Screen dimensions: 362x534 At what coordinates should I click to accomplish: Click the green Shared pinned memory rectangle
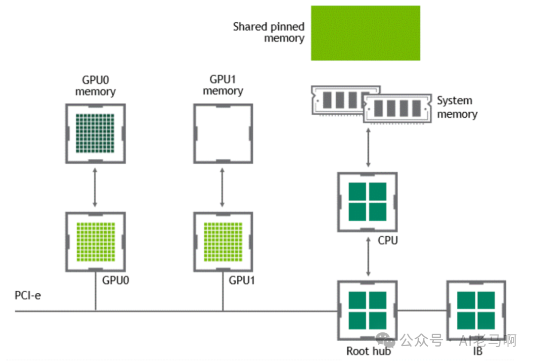365,33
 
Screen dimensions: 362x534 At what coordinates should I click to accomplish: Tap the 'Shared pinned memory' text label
268,33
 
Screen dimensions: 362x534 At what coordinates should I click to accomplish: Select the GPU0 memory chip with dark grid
95,134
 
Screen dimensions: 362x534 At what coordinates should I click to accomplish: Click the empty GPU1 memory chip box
222,134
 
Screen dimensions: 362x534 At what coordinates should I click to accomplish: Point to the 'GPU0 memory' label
95,86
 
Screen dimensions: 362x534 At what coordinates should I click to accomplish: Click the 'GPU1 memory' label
222,86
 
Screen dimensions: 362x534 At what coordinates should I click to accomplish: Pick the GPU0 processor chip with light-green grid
95,241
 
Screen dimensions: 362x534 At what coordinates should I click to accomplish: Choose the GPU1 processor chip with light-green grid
222,241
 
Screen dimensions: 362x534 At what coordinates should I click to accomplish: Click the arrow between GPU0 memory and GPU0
95,187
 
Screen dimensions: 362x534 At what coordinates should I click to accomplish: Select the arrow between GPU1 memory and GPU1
222,187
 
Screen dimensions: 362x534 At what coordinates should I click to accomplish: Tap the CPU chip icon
367,202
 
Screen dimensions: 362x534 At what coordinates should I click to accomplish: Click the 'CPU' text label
388,241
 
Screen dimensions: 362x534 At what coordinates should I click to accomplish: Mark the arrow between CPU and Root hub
367,256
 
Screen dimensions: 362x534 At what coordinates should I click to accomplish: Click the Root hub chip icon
367,311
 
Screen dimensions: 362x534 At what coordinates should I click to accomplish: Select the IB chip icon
476,311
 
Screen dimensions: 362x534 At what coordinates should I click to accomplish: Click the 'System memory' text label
456,107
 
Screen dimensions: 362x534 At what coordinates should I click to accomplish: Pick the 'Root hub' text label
368,351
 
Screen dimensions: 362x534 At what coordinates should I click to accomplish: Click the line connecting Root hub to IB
422,311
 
